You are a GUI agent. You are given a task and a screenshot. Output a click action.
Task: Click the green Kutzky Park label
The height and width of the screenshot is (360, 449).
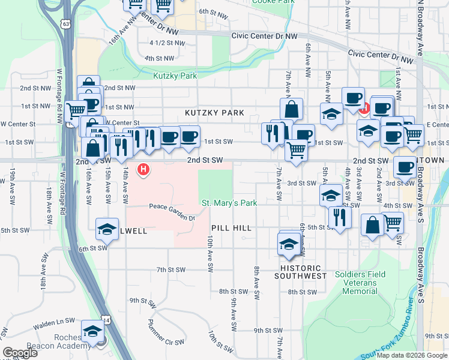[x=175, y=76]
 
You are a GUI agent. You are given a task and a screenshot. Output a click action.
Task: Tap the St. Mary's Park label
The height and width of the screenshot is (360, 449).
[x=229, y=203]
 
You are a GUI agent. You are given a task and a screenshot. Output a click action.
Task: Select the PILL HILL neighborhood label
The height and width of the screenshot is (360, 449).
[x=231, y=228]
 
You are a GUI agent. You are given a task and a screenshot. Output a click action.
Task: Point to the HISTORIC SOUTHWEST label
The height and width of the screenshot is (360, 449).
[x=300, y=272]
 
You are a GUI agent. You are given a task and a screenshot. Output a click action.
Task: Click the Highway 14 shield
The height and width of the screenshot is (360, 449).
[x=107, y=322]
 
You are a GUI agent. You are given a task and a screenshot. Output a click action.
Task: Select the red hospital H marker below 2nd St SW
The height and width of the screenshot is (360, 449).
[x=143, y=170]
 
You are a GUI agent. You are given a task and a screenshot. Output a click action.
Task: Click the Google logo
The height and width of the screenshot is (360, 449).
[x=20, y=353]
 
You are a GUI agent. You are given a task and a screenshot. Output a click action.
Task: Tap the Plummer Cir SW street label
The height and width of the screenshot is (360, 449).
[x=166, y=332]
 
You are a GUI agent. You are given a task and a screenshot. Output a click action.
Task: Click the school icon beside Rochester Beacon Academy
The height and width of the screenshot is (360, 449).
[x=92, y=332]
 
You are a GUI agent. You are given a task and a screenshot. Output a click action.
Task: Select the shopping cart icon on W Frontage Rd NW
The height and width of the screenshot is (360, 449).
[x=76, y=110]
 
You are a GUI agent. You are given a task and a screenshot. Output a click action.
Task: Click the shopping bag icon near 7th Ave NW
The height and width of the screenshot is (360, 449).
[x=291, y=109]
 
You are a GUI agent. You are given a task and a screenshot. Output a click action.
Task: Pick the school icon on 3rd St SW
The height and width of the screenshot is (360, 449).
[x=330, y=195]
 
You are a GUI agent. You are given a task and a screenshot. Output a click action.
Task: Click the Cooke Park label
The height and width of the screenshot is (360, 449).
[x=275, y=2]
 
